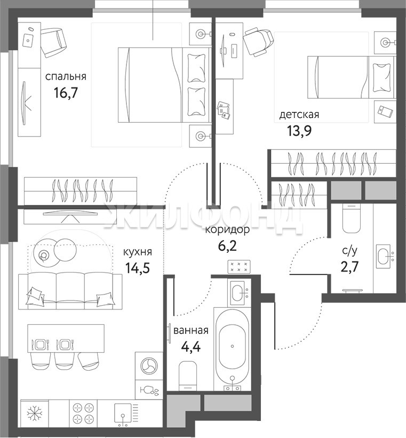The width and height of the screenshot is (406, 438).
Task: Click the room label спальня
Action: point(66,76)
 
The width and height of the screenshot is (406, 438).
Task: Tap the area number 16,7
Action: point(66,93)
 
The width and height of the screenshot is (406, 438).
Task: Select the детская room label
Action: point(299,115)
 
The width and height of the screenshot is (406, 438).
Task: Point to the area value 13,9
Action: point(299,131)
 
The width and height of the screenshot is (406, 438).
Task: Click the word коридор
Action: point(227,230)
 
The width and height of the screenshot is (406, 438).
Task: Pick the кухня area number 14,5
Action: point(138,268)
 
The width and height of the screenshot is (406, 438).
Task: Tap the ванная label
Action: point(191,331)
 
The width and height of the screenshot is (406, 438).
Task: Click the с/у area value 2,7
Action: point(349,267)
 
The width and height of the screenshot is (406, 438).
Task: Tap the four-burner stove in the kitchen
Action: point(83,414)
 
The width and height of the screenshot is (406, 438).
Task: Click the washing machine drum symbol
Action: point(149,365)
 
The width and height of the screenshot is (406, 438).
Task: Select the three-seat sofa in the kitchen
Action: point(70,291)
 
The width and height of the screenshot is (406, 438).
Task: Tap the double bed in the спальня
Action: point(165,85)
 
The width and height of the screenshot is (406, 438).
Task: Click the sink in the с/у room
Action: point(383,256)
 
